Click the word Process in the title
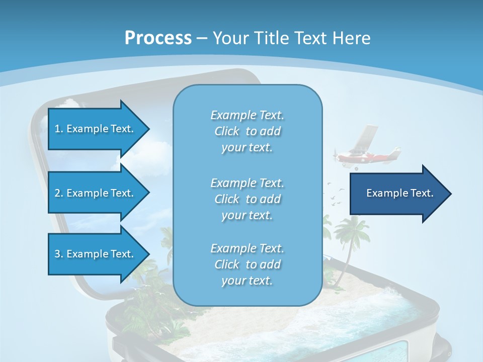[x=158, y=38]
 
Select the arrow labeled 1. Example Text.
[x=96, y=129]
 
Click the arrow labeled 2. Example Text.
[x=96, y=193]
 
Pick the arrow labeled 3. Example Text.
[x=96, y=254]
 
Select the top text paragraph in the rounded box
[x=247, y=131]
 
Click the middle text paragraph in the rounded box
[x=247, y=199]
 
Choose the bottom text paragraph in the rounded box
[x=247, y=264]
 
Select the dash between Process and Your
[x=202, y=38]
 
